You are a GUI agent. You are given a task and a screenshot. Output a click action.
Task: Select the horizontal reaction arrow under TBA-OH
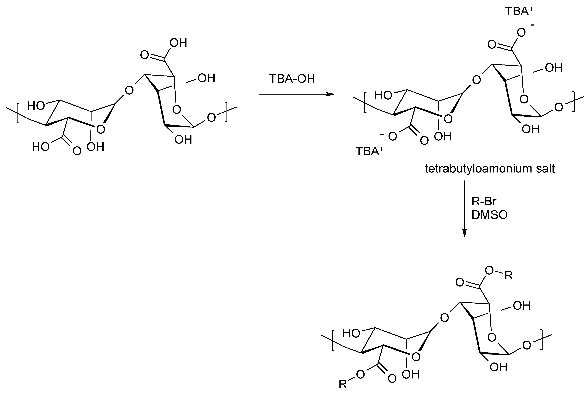[x=296, y=94]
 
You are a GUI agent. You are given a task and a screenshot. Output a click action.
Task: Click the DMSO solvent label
[x=489, y=215]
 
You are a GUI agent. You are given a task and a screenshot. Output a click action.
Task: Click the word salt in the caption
[x=545, y=169]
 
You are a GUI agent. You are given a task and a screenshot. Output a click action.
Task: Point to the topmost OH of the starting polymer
[x=178, y=43]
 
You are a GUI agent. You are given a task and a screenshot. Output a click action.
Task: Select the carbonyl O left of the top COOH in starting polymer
[x=145, y=55]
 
